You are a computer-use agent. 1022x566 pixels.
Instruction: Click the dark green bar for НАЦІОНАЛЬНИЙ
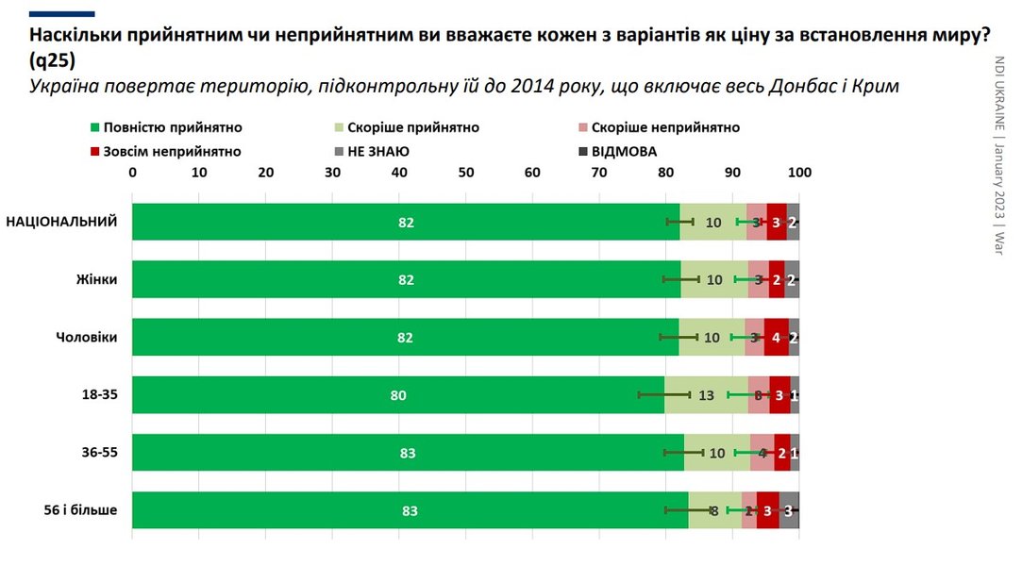click(406, 223)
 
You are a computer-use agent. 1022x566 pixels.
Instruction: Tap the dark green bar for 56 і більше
click(410, 511)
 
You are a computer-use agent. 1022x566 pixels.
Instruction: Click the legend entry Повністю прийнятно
click(166, 127)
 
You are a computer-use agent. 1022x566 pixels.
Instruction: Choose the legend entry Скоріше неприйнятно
click(658, 127)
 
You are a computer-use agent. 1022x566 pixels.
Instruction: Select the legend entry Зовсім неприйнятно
click(166, 151)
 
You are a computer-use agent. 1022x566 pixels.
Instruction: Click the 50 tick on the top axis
click(465, 174)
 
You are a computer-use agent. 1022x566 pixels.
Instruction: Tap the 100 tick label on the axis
click(798, 174)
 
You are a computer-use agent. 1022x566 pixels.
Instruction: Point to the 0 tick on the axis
click(132, 174)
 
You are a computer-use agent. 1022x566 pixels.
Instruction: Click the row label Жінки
click(97, 279)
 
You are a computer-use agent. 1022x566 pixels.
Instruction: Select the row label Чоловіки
click(86, 338)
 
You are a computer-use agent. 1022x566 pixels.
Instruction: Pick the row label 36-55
click(98, 453)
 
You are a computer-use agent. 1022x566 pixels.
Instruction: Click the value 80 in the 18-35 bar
click(398, 396)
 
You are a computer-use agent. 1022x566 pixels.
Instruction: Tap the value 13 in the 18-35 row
click(706, 396)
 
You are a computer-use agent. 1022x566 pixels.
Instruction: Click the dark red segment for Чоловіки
click(776, 338)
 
